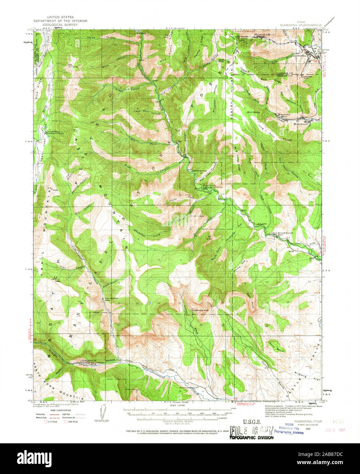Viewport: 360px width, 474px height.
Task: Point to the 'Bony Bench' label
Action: click(276, 346)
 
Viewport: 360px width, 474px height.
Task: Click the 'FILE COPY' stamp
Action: click(251, 430)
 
